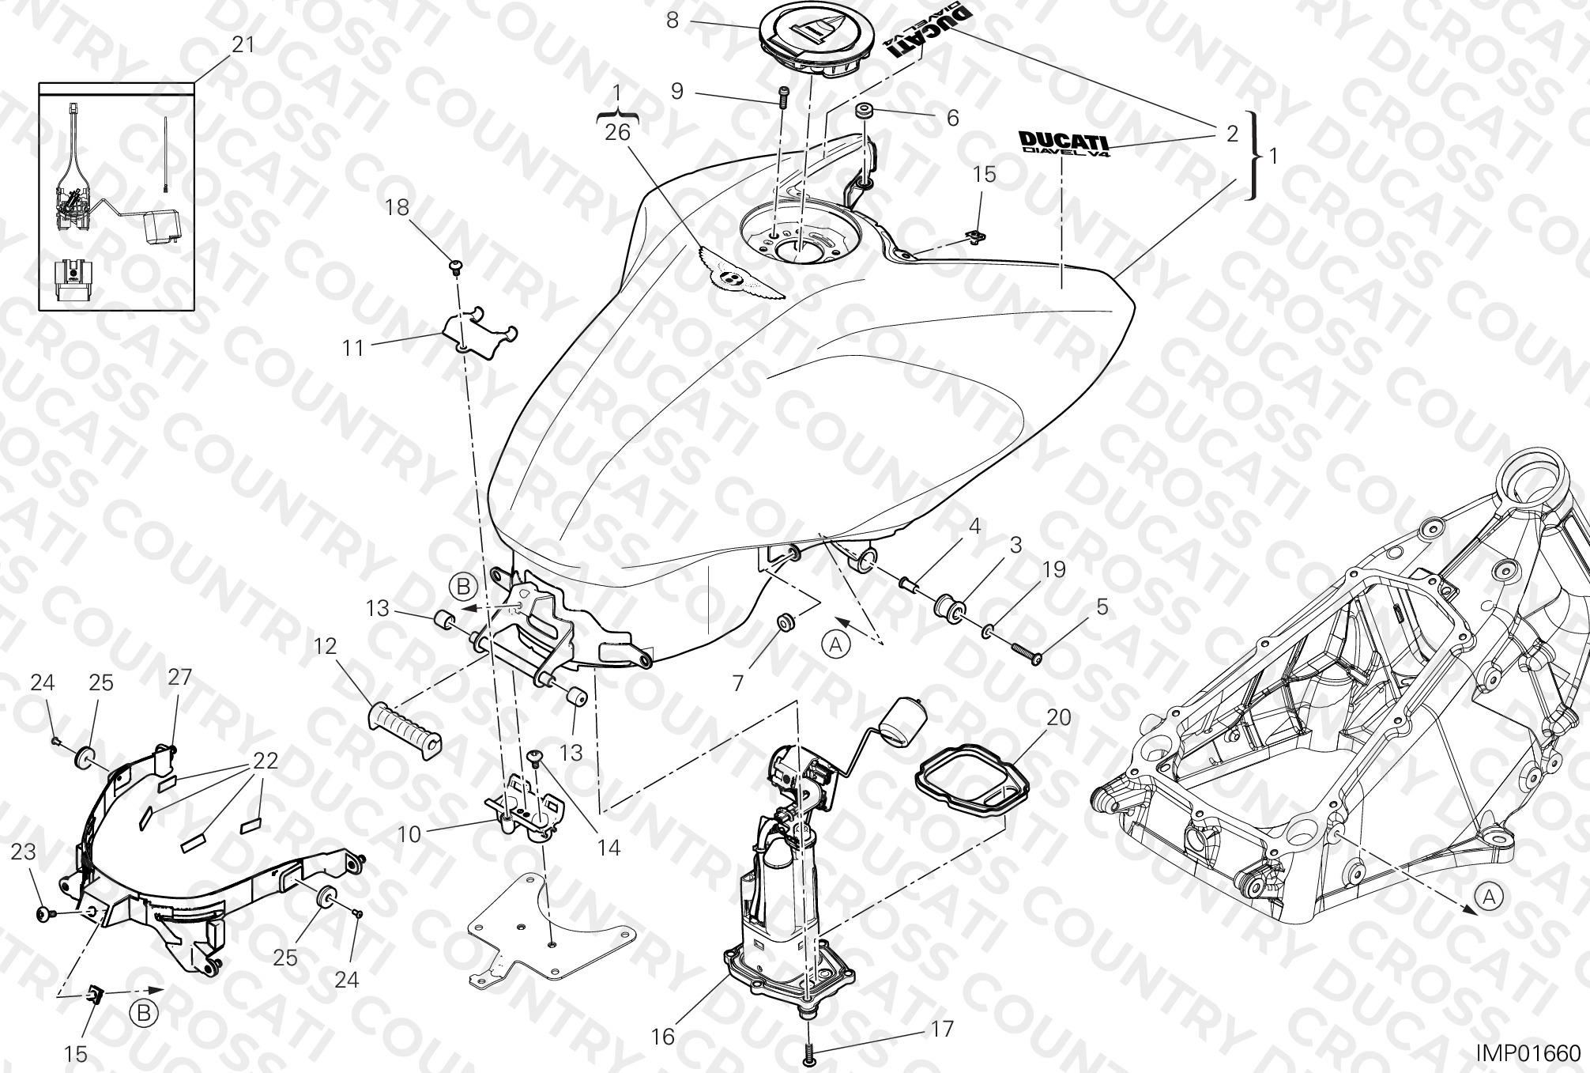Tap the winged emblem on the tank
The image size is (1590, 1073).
point(740,273)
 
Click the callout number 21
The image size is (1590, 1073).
point(243,44)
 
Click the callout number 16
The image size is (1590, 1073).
point(662,1036)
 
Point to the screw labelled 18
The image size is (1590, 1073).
point(456,267)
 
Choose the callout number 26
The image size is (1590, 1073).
point(617,132)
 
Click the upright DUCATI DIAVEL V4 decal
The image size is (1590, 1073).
point(1063,142)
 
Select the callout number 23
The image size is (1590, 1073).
point(24,852)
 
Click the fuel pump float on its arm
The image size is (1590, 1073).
point(903,721)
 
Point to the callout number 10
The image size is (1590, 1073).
point(409,833)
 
